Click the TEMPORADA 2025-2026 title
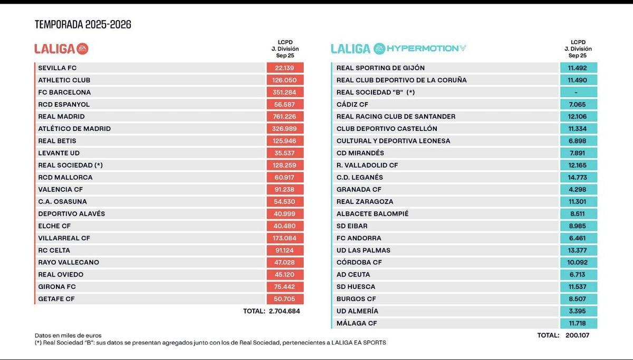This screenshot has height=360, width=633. coord(83,24)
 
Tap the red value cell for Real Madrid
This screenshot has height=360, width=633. coord(285,116)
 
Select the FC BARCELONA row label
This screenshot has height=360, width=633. coord(64,92)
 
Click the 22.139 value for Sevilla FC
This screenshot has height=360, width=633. coord(285,68)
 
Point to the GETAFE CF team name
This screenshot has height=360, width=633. coord(56,299)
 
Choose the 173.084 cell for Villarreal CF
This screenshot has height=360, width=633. coord(285,238)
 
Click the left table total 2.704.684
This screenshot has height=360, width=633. coord(285,311)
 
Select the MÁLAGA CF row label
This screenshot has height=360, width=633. coord(357,323)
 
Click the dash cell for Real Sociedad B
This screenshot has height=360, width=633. coord(578,92)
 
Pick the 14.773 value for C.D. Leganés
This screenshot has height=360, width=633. coord(578,177)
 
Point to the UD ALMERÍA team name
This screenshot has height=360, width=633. coord(358,311)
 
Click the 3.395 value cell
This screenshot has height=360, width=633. coord(578,311)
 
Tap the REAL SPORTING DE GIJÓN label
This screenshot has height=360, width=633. coord(380,68)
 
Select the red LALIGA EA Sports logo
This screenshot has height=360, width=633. coord(61,48)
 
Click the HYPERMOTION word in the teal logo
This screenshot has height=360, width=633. coord(422,48)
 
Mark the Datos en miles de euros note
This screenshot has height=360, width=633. coord(68,335)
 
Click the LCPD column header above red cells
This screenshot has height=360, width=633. coord(285,48)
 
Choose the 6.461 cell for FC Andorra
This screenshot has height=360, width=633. coord(578,238)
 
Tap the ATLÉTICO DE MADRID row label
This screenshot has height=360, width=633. coord(74,129)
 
